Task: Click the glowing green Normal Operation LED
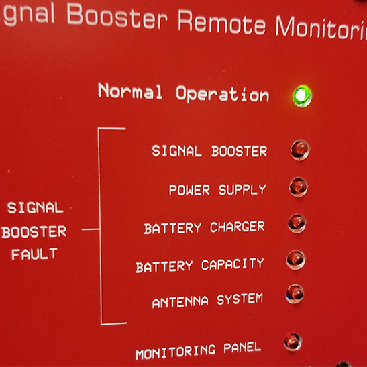click(x=302, y=96)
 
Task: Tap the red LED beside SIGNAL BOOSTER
click(x=300, y=150)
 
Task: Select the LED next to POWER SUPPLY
click(x=298, y=187)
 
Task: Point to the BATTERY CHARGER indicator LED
click(x=297, y=223)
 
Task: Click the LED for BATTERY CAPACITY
click(x=296, y=260)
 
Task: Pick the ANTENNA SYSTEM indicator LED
click(x=295, y=294)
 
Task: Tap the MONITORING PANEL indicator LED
click(x=293, y=342)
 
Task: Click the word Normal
click(x=130, y=91)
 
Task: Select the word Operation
click(x=223, y=94)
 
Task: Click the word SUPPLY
click(x=242, y=190)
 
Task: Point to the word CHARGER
click(x=238, y=227)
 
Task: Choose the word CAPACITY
click(x=232, y=264)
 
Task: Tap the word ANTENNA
click(x=180, y=302)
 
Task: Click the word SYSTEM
click(x=240, y=299)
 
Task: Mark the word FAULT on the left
click(x=34, y=254)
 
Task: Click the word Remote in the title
click(x=221, y=23)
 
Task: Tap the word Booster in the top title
click(x=117, y=15)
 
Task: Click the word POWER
click(x=189, y=190)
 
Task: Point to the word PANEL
click(x=242, y=348)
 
